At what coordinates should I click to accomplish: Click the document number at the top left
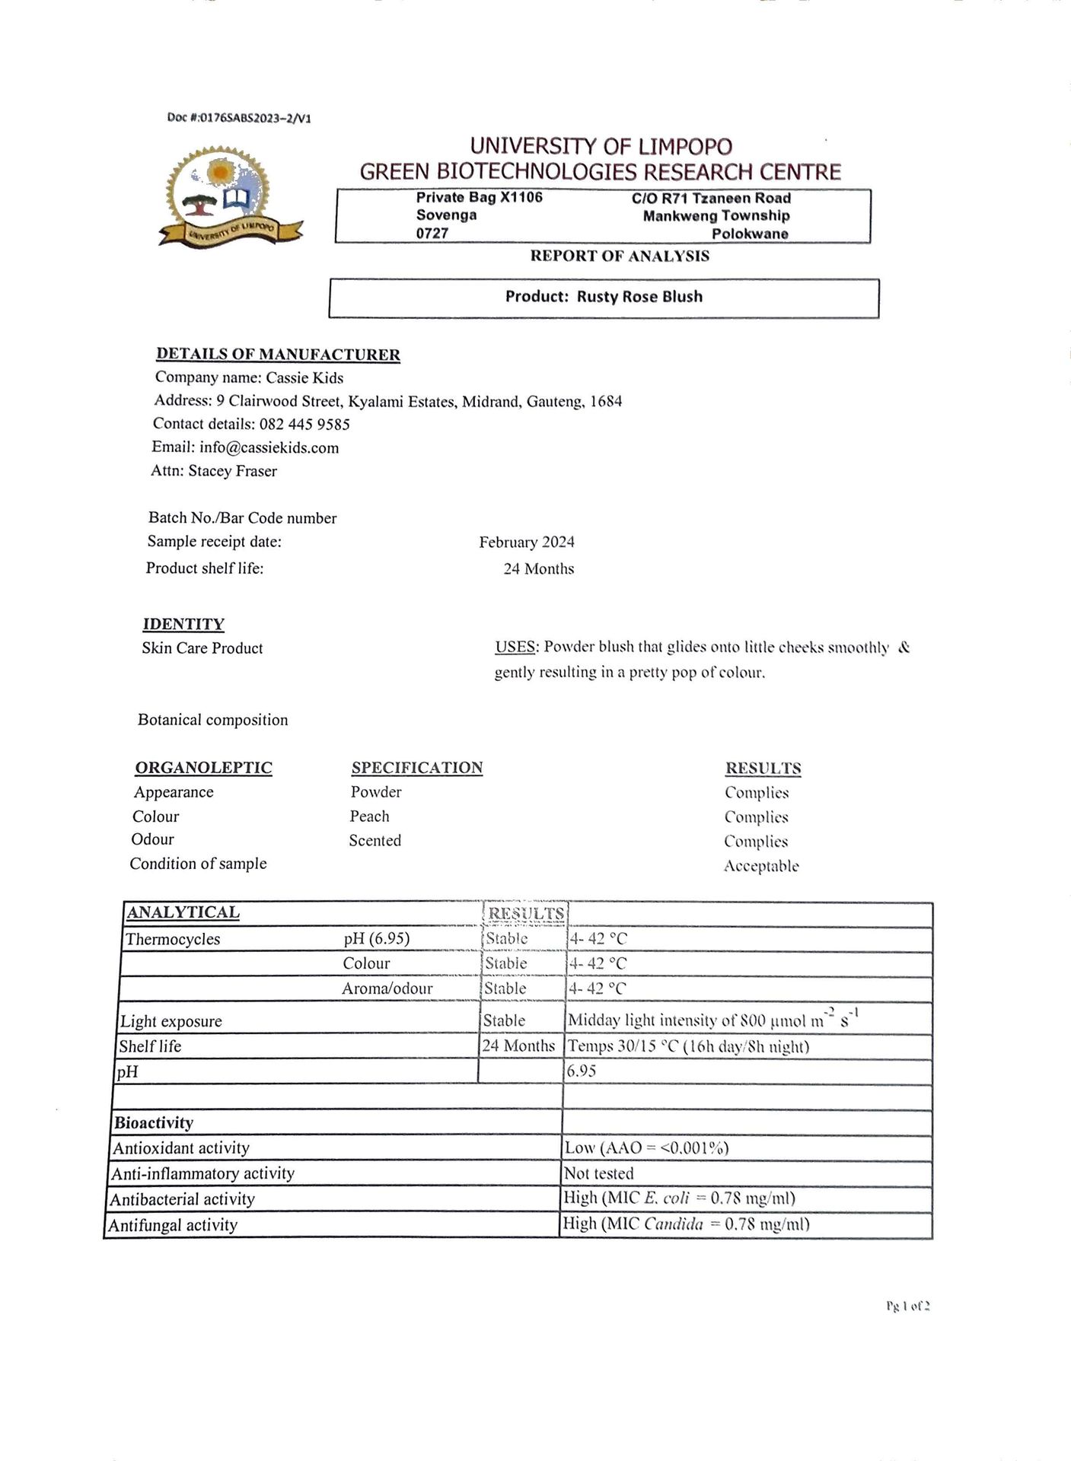239,118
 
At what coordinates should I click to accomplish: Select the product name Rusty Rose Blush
639,297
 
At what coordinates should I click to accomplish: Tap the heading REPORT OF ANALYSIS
620,256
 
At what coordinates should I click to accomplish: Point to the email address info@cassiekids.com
269,447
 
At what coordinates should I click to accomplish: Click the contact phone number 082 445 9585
304,424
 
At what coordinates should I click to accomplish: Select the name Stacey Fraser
233,471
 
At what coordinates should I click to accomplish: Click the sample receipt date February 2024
527,542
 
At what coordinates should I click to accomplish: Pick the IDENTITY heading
183,624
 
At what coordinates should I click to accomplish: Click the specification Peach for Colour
369,816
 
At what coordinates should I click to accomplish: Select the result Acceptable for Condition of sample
761,866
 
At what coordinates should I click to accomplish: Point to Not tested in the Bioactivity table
598,1173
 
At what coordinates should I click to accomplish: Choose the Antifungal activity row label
173,1225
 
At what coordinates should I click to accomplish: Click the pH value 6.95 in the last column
582,1071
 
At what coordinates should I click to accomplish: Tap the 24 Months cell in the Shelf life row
518,1046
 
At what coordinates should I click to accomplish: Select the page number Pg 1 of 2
908,1307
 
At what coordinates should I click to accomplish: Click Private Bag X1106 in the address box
480,198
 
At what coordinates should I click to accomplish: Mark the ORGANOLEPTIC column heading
203,767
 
